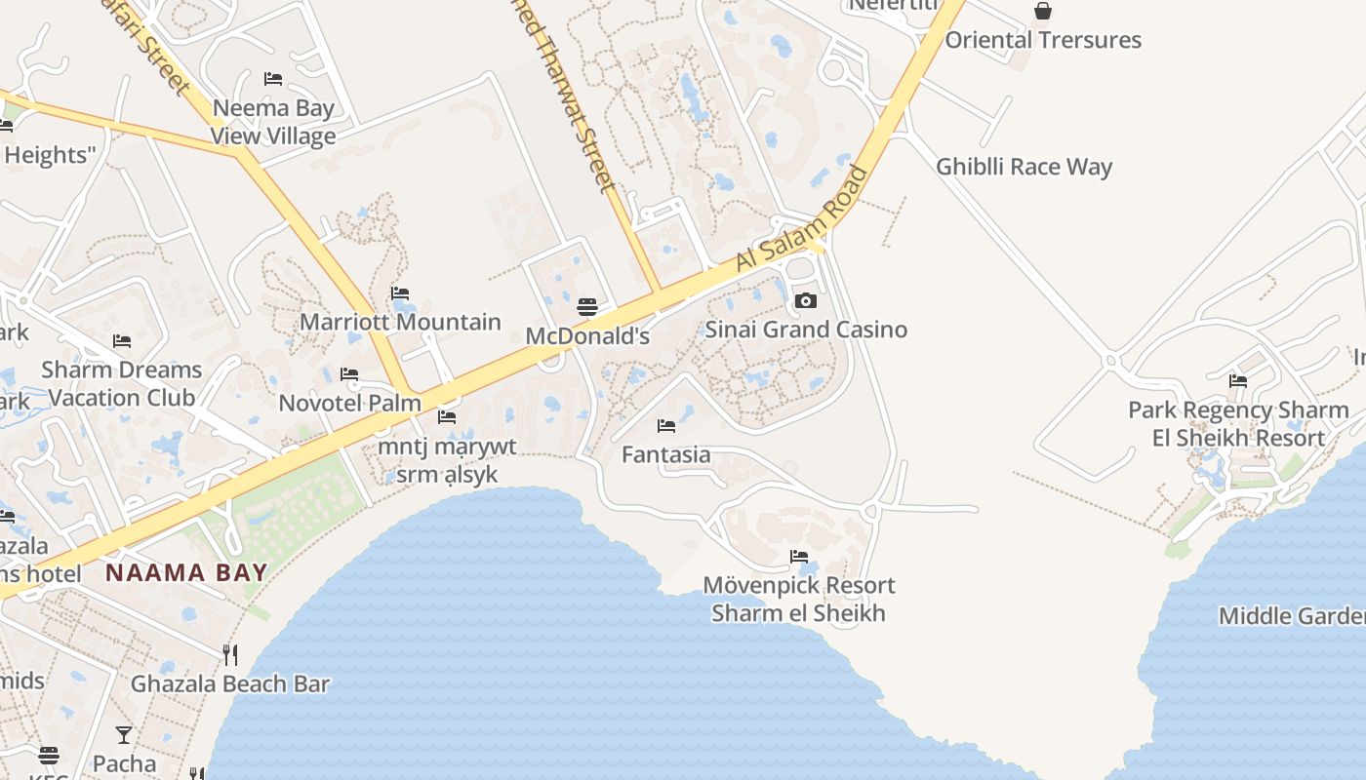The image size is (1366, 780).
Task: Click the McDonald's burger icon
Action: pos(586,307)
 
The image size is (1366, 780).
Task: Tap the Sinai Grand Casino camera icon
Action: pos(805,300)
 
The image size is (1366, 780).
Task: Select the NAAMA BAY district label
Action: pos(186,572)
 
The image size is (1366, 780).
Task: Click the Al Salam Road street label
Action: pos(802,220)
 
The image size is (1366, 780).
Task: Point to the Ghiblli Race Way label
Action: pos(1024,167)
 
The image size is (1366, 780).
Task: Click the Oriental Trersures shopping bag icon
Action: pos(1043,11)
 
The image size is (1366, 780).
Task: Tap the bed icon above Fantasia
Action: pos(666,425)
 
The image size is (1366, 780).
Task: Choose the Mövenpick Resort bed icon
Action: pos(799,557)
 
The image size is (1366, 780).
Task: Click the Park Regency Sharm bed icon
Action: pos(1238,380)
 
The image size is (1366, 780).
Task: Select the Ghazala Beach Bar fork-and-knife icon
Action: pos(230,654)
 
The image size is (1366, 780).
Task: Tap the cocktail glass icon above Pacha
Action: pos(124,734)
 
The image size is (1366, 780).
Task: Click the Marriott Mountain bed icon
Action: pos(399,292)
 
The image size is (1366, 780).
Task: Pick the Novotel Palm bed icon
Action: pos(348,374)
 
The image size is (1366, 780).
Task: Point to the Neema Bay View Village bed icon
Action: pos(273,78)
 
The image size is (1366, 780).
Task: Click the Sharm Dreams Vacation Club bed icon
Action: pos(122,340)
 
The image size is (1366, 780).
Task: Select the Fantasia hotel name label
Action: pos(666,454)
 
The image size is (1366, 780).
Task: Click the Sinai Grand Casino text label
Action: pos(806,330)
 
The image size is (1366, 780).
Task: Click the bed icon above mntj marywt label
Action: pos(447,417)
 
